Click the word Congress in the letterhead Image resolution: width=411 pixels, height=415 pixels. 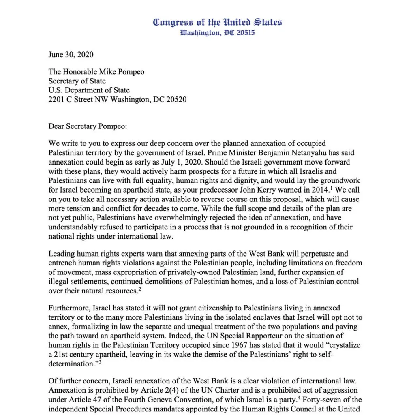[170, 22]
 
